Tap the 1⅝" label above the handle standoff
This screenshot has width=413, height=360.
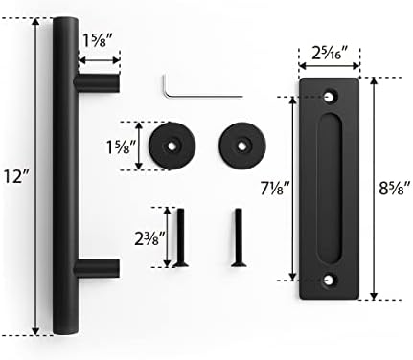pyautogui.click(x=101, y=41)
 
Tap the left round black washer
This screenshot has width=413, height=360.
pyautogui.click(x=175, y=146)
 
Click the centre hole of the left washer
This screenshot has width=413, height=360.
pyautogui.click(x=175, y=146)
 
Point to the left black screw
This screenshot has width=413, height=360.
pyautogui.click(x=175, y=236)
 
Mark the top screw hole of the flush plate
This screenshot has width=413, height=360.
pyautogui.click(x=331, y=97)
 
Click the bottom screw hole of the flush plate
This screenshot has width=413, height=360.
pyautogui.click(x=331, y=279)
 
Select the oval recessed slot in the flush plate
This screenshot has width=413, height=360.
pyautogui.click(x=331, y=187)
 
